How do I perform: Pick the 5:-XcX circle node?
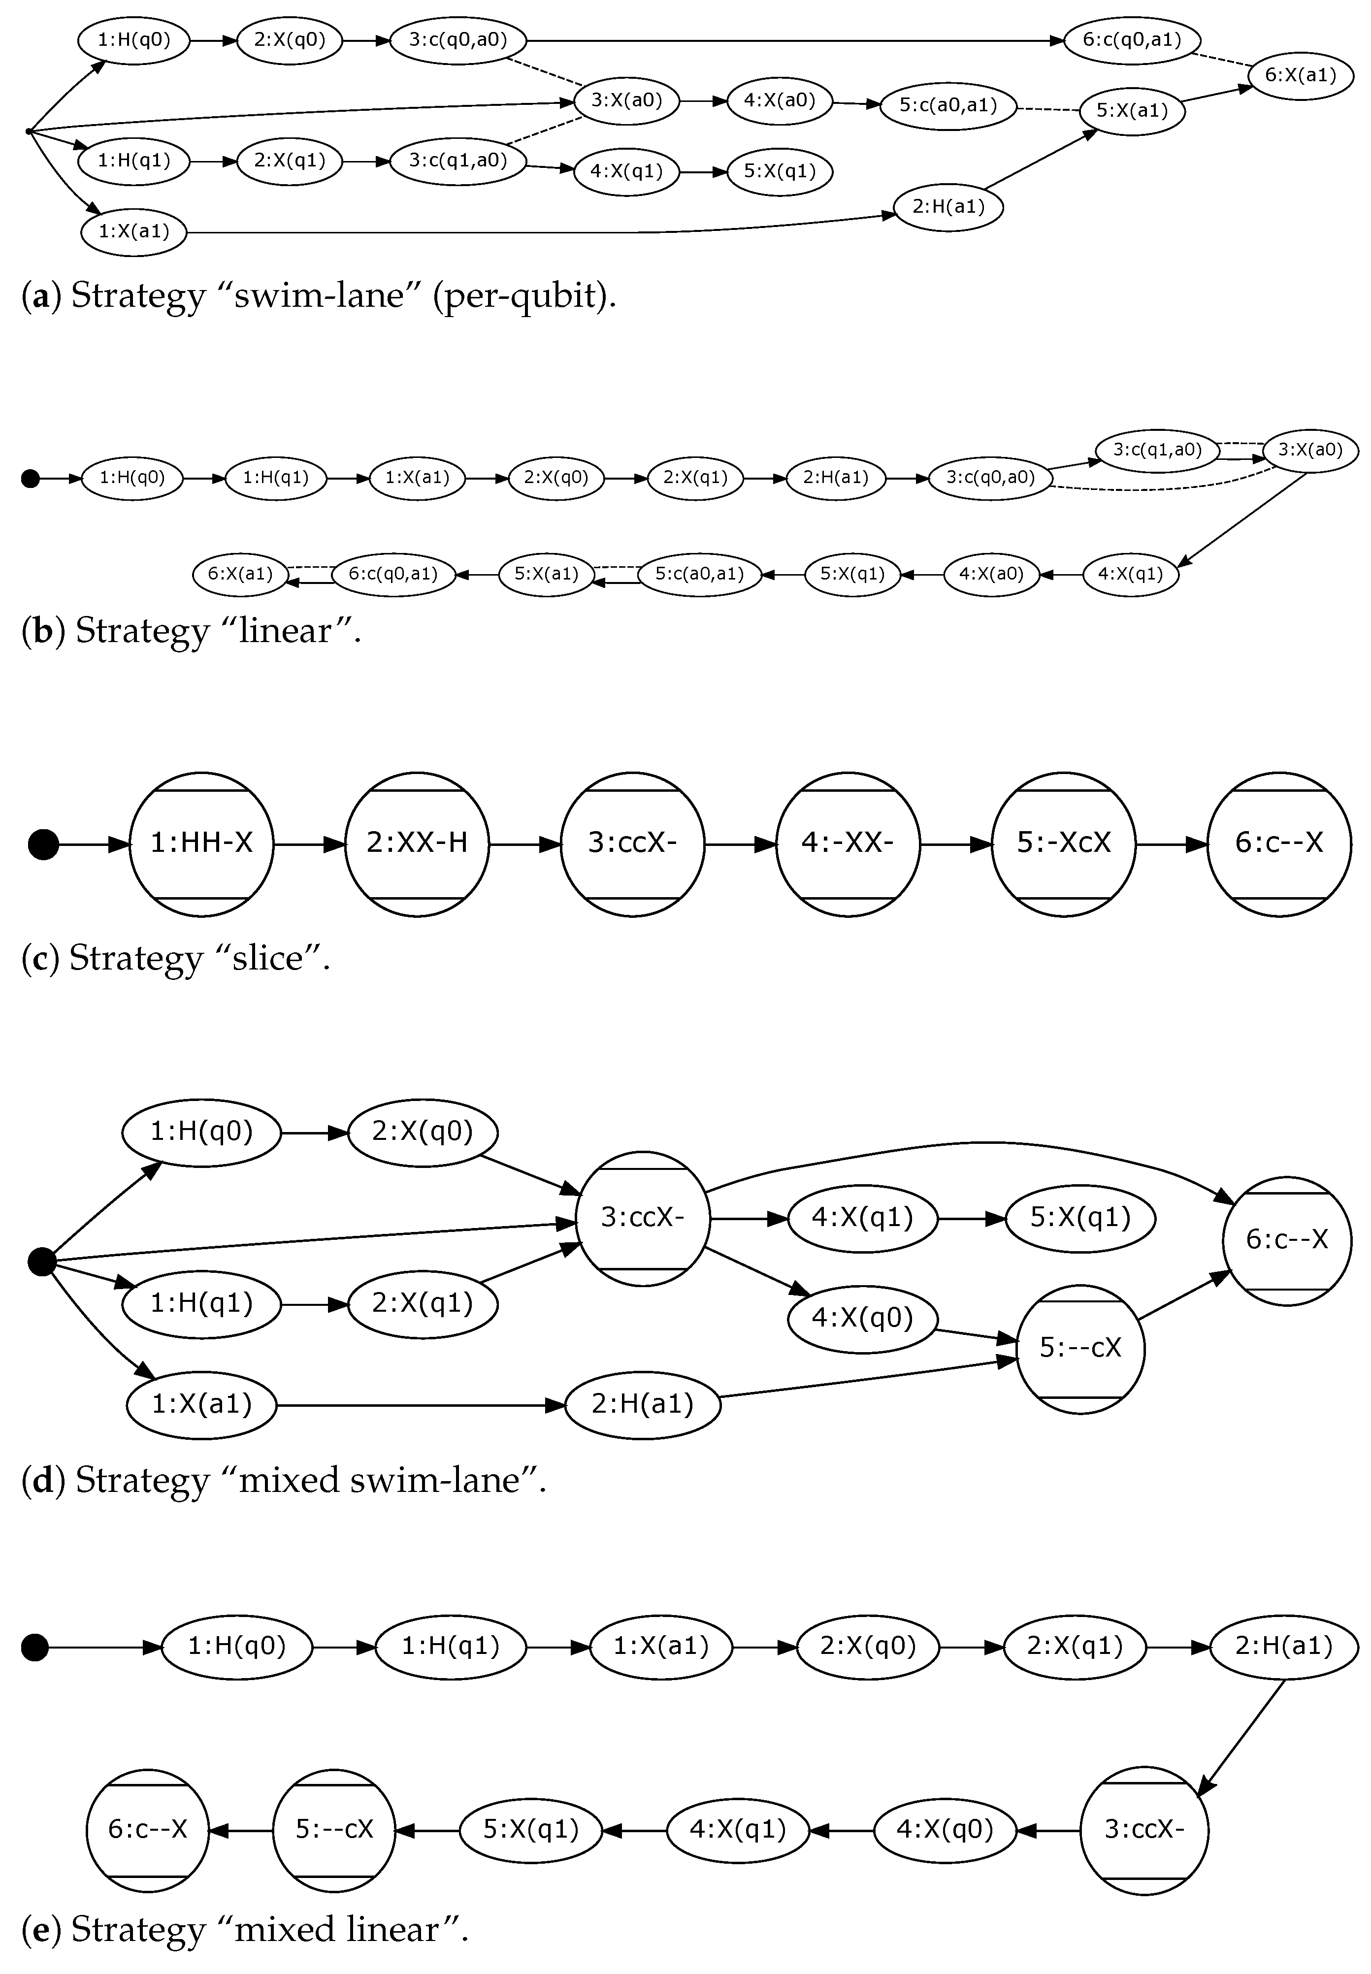coord(1064,843)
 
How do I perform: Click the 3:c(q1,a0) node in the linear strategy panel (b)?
coord(1157,449)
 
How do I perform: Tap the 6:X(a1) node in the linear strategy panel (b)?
coord(240,573)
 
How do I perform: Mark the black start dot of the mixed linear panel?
coord(34,1647)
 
